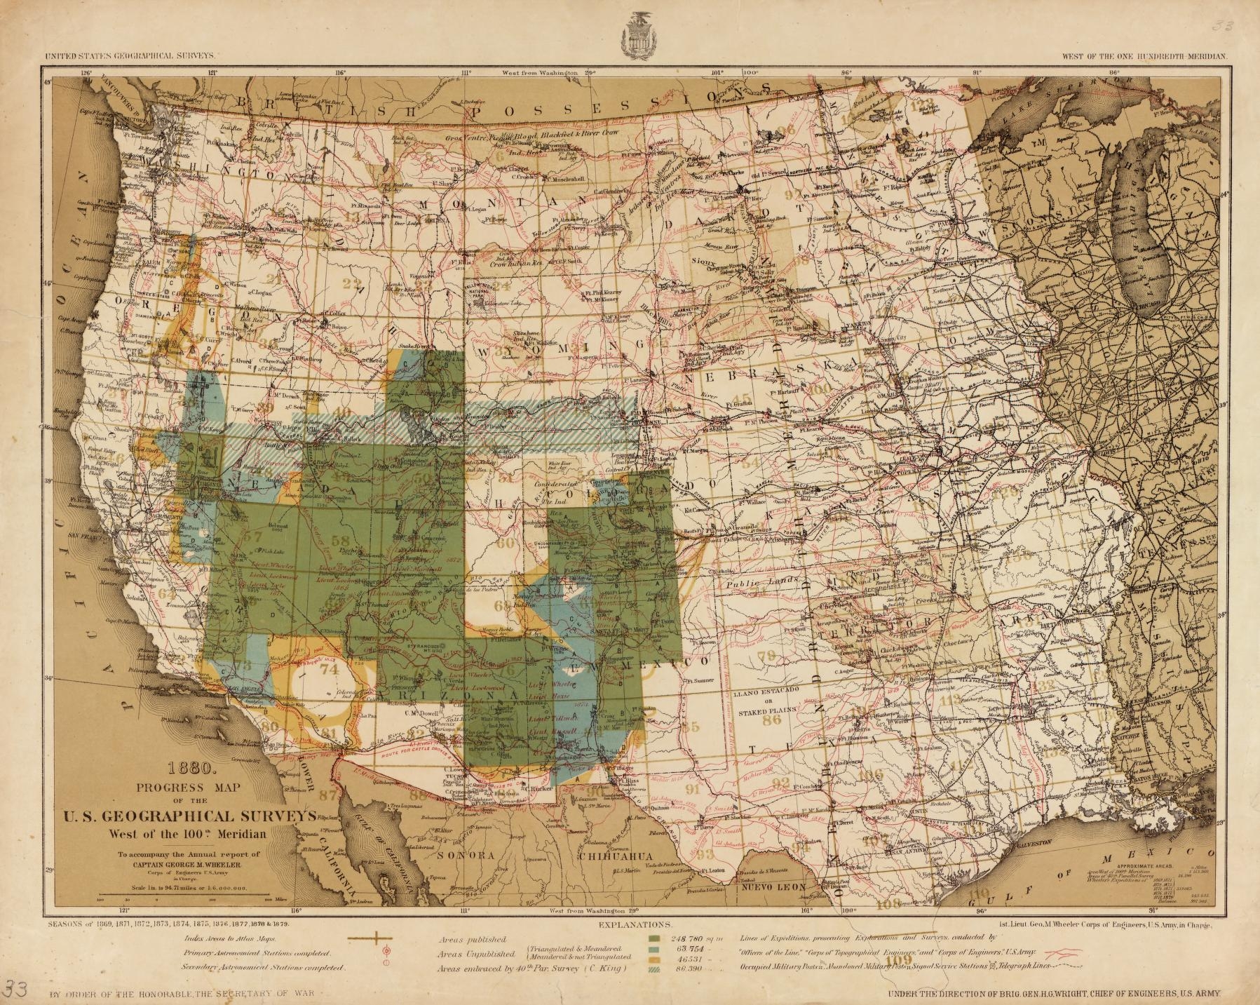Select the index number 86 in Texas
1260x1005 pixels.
click(772, 720)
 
